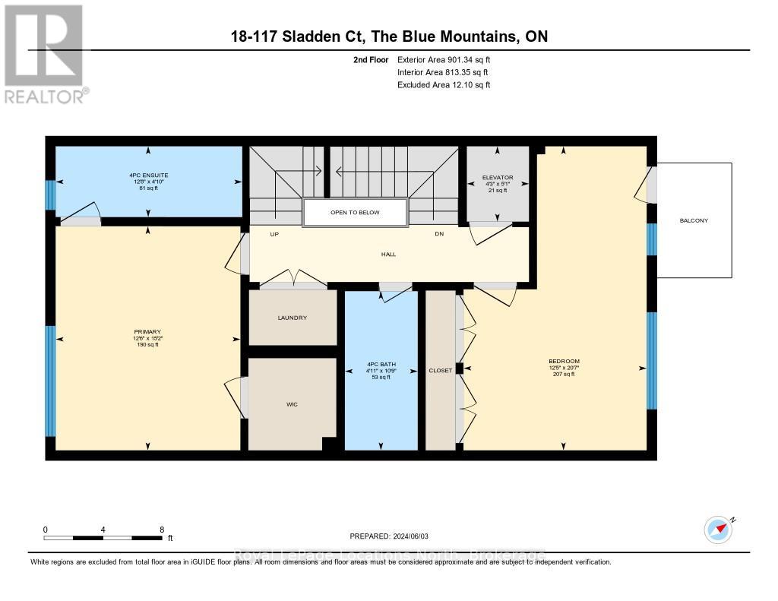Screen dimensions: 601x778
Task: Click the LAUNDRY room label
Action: (x=292, y=318)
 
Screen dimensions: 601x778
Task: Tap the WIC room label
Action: (x=292, y=404)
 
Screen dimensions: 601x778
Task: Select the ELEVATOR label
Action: (x=498, y=178)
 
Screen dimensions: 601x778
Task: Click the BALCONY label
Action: (x=694, y=221)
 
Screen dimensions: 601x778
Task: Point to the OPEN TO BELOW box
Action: (x=355, y=213)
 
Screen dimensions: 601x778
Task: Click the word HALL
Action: (x=388, y=255)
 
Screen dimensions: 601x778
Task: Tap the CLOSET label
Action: (x=440, y=371)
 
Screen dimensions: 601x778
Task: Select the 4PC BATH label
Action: (x=381, y=364)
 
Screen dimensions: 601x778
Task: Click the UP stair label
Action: (x=274, y=234)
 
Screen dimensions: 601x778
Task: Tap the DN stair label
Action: (x=439, y=234)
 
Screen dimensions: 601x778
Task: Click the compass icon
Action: (x=718, y=529)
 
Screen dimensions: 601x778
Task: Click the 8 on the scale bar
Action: (x=162, y=530)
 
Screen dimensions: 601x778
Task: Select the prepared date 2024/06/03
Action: (x=414, y=536)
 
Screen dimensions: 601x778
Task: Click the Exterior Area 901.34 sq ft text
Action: (x=449, y=59)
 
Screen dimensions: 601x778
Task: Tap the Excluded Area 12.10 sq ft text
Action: (x=444, y=85)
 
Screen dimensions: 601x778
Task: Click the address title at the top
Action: (x=389, y=36)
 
